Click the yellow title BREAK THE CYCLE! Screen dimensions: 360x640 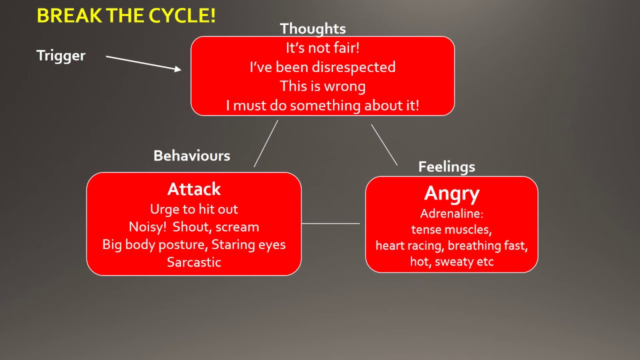tap(126, 16)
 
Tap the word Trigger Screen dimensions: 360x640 tap(61, 55)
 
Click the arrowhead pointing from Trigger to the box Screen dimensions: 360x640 tap(177, 69)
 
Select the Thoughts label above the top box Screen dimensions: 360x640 tap(312, 28)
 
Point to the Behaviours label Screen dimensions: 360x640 tap(191, 155)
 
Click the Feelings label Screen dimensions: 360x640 tap(446, 166)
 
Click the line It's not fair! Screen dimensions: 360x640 tap(322, 48)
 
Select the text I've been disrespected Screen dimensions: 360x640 tap(322, 67)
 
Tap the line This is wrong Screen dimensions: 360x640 tap(322, 86)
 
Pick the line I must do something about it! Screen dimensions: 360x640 tap(322, 105)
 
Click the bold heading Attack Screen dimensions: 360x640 tap(194, 189)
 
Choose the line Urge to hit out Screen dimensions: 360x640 tap(194, 209)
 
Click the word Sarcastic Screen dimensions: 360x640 tap(194, 262)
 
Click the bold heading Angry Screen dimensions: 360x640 tap(451, 193)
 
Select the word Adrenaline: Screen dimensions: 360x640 tap(451, 213)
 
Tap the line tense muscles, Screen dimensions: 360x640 tap(451, 229)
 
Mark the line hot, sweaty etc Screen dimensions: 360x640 tap(451, 261)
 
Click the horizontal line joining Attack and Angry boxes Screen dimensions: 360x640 tap(330, 223)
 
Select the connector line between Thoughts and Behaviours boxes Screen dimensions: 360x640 tap(265, 143)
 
